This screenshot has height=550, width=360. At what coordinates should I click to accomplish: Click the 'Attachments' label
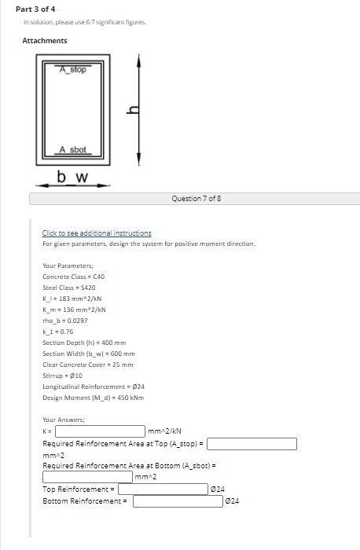click(45, 40)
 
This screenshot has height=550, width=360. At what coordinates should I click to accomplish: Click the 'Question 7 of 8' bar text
click(196, 199)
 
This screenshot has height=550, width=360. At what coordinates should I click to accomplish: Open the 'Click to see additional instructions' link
click(97, 233)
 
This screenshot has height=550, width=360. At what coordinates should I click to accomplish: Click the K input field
click(100, 431)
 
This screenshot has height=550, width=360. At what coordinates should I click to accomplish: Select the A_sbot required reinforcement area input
click(87, 476)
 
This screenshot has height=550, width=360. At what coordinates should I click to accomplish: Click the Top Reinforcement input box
click(163, 489)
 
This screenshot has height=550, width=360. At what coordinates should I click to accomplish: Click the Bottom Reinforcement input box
click(178, 501)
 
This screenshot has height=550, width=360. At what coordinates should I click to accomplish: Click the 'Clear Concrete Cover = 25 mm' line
click(88, 365)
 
